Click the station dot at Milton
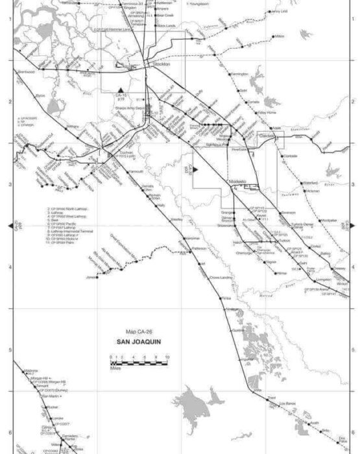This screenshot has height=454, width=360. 274,37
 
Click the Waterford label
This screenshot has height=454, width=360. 310,184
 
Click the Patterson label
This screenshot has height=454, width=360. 200,248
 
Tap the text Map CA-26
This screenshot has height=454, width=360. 134,331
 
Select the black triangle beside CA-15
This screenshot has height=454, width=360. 121,88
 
